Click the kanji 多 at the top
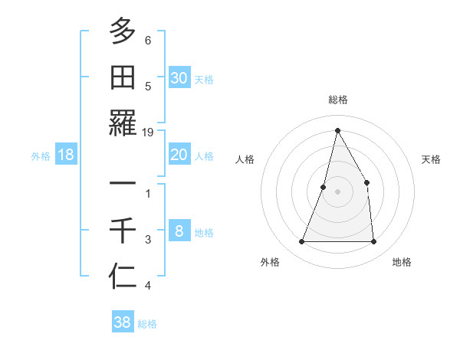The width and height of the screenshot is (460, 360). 123,32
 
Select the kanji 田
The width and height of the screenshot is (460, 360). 123,77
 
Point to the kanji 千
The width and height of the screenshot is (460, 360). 123,230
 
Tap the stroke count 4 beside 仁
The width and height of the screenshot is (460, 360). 148,286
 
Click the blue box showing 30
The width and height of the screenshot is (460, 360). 179,77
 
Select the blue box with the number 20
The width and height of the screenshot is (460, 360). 179,155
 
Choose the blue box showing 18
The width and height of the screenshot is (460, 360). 66,155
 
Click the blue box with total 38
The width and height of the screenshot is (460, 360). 123,322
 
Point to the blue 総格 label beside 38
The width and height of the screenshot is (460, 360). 147,324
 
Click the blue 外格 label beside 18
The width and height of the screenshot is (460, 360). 41,156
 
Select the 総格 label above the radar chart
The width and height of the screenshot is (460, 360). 337,100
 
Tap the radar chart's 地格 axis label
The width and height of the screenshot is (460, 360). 402,262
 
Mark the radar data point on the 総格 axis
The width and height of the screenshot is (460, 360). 337,130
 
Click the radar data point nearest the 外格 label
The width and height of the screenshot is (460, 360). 301,242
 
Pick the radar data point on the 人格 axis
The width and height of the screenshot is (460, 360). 324,187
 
